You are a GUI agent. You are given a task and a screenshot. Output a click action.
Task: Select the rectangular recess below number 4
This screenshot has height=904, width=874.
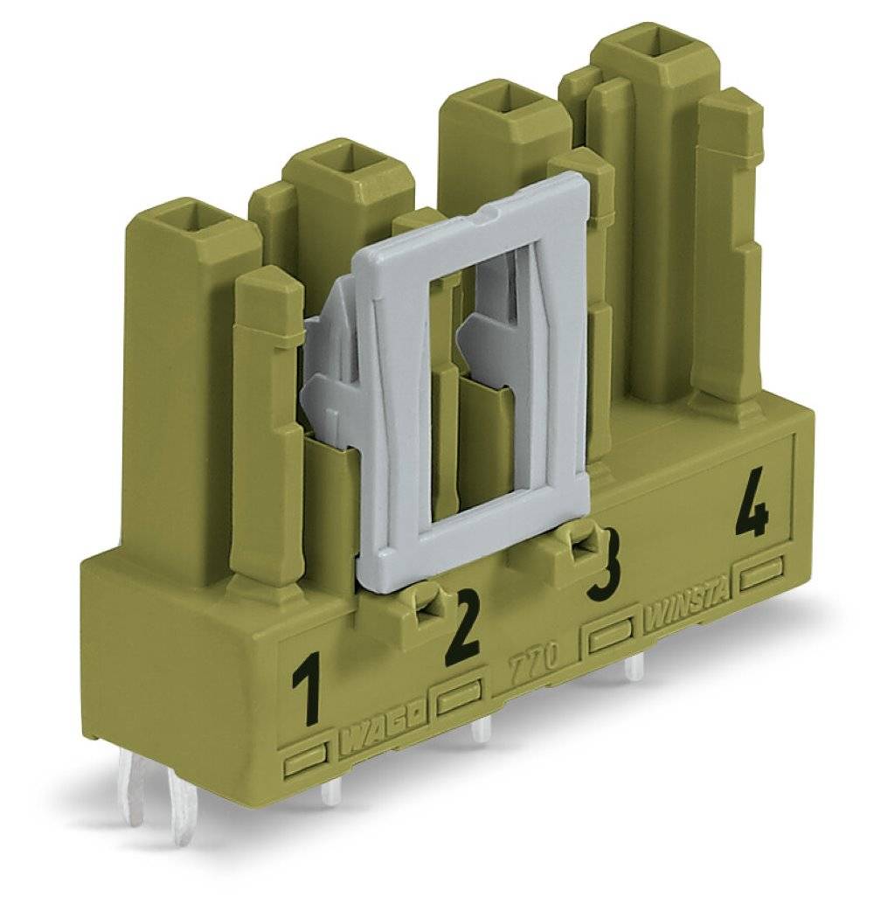(761, 575)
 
